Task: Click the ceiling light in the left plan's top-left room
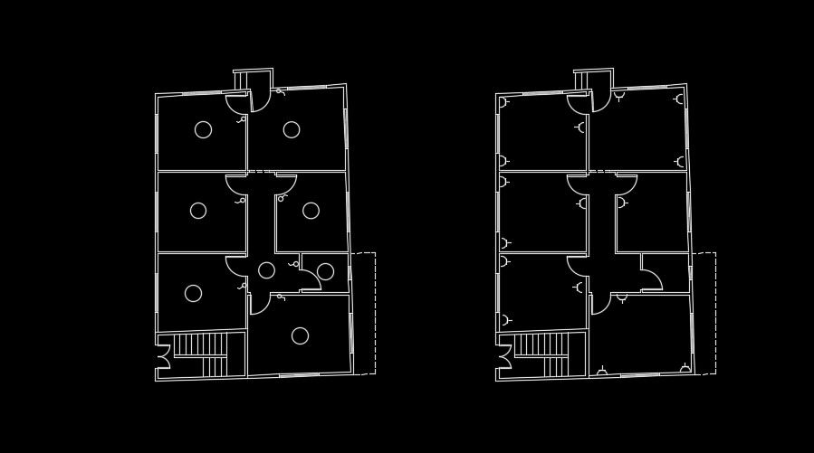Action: tap(203, 129)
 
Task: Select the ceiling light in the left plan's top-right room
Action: tap(292, 129)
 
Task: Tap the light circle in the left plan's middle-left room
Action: tap(198, 211)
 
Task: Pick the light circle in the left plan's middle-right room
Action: tap(311, 211)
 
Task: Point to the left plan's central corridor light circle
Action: tap(266, 270)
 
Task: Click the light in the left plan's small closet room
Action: tap(325, 271)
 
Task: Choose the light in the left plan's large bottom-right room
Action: tap(300, 335)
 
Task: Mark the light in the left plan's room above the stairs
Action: tap(193, 293)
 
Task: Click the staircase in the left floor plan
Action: tap(200, 353)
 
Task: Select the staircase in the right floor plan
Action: tap(541, 353)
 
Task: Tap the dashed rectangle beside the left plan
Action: tap(364, 313)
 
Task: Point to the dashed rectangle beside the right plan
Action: tap(704, 313)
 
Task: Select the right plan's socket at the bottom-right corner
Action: tap(685, 369)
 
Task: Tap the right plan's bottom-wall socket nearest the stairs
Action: tap(602, 372)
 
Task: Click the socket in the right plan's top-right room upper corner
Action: tap(679, 99)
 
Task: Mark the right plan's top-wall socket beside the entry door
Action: tap(620, 96)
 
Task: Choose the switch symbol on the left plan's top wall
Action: tap(280, 92)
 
